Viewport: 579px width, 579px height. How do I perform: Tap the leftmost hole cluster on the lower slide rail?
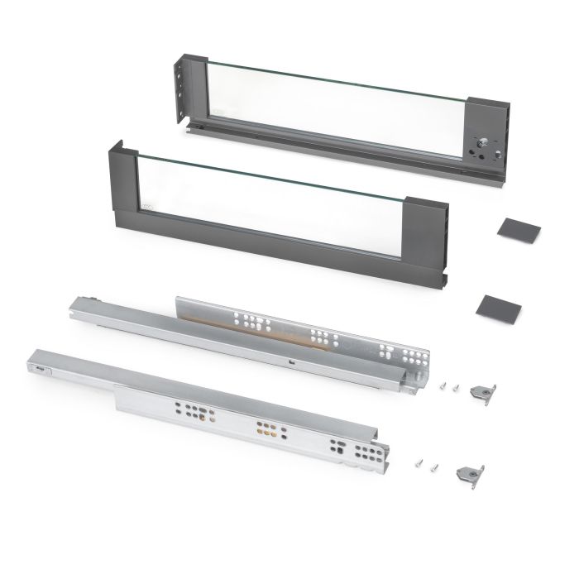click(x=188, y=410)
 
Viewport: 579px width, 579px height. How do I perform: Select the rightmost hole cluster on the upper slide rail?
click(x=389, y=352)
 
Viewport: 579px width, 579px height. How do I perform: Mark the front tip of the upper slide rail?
click(x=83, y=303)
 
